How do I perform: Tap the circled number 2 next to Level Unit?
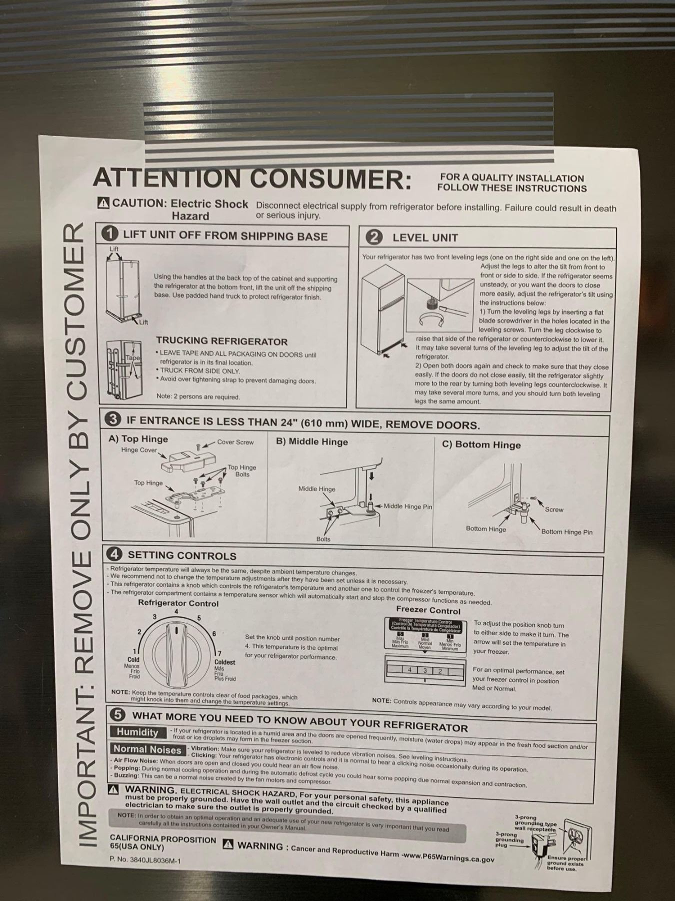(374, 237)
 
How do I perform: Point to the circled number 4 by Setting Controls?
(114, 554)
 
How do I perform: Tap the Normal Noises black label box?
(147, 749)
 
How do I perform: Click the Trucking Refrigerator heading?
(221, 341)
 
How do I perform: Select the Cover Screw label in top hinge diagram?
(235, 442)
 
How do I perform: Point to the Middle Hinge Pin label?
(407, 507)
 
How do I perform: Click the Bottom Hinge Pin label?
(566, 532)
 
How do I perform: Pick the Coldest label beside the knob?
(224, 662)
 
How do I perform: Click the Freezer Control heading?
(428, 611)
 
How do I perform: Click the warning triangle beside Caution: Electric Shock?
(103, 203)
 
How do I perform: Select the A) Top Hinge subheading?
(138, 439)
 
